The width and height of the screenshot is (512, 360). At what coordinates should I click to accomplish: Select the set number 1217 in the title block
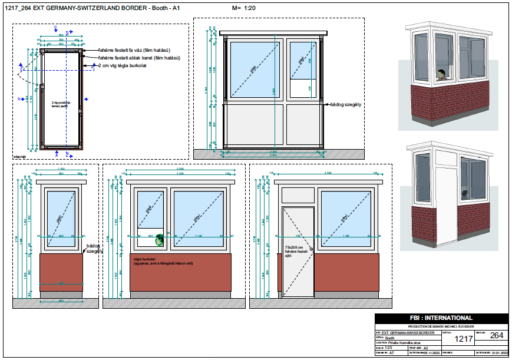(462, 339)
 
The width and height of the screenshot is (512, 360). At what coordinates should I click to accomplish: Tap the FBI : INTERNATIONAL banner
(441, 318)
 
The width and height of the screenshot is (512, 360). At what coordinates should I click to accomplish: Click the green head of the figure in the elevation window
(158, 240)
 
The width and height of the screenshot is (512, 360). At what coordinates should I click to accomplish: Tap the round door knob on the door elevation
(312, 250)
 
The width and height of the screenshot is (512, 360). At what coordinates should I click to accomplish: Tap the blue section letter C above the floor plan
(55, 28)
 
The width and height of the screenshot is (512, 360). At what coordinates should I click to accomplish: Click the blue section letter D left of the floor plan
(19, 98)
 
